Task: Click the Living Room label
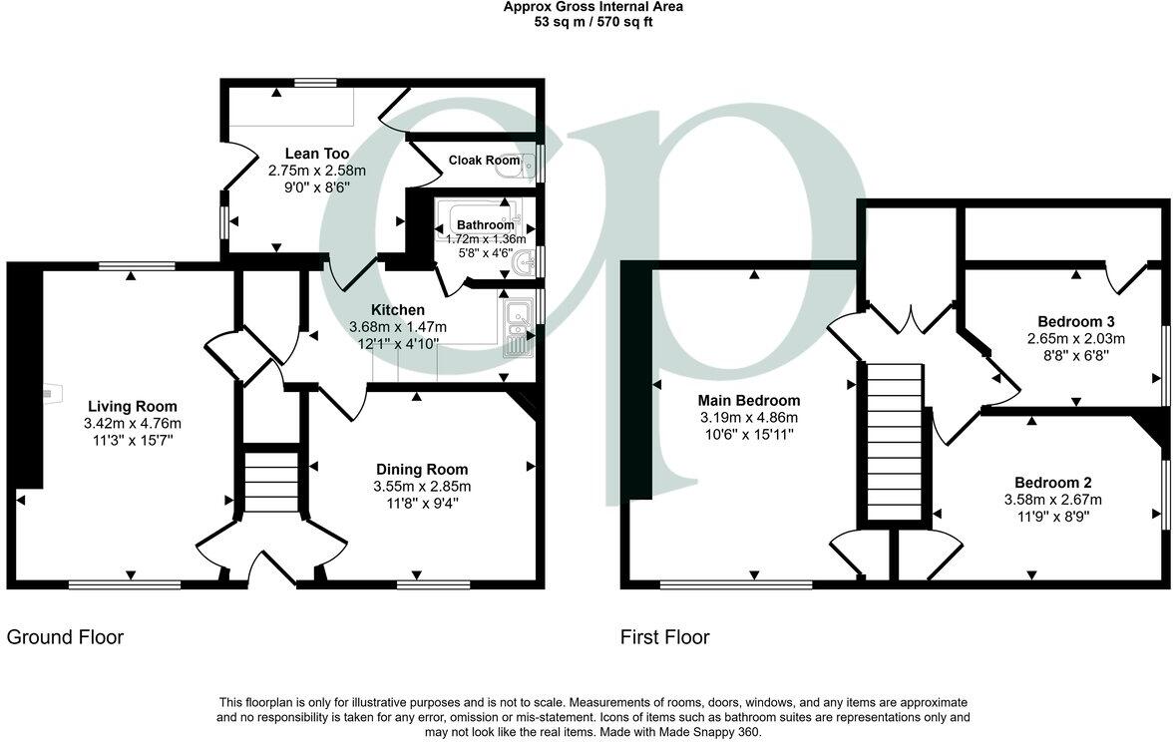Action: click(x=132, y=406)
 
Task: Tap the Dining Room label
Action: click(x=421, y=469)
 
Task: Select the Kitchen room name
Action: click(x=397, y=310)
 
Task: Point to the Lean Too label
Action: click(x=316, y=154)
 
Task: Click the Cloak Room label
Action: click(x=484, y=160)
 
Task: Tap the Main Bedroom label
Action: click(x=748, y=401)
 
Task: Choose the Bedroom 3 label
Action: click(x=1075, y=321)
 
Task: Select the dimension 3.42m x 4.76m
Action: click(x=133, y=423)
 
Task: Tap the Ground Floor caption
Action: click(x=66, y=637)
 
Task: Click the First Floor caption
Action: click(x=665, y=637)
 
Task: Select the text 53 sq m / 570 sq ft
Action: click(x=592, y=21)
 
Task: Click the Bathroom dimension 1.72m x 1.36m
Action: click(x=485, y=239)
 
